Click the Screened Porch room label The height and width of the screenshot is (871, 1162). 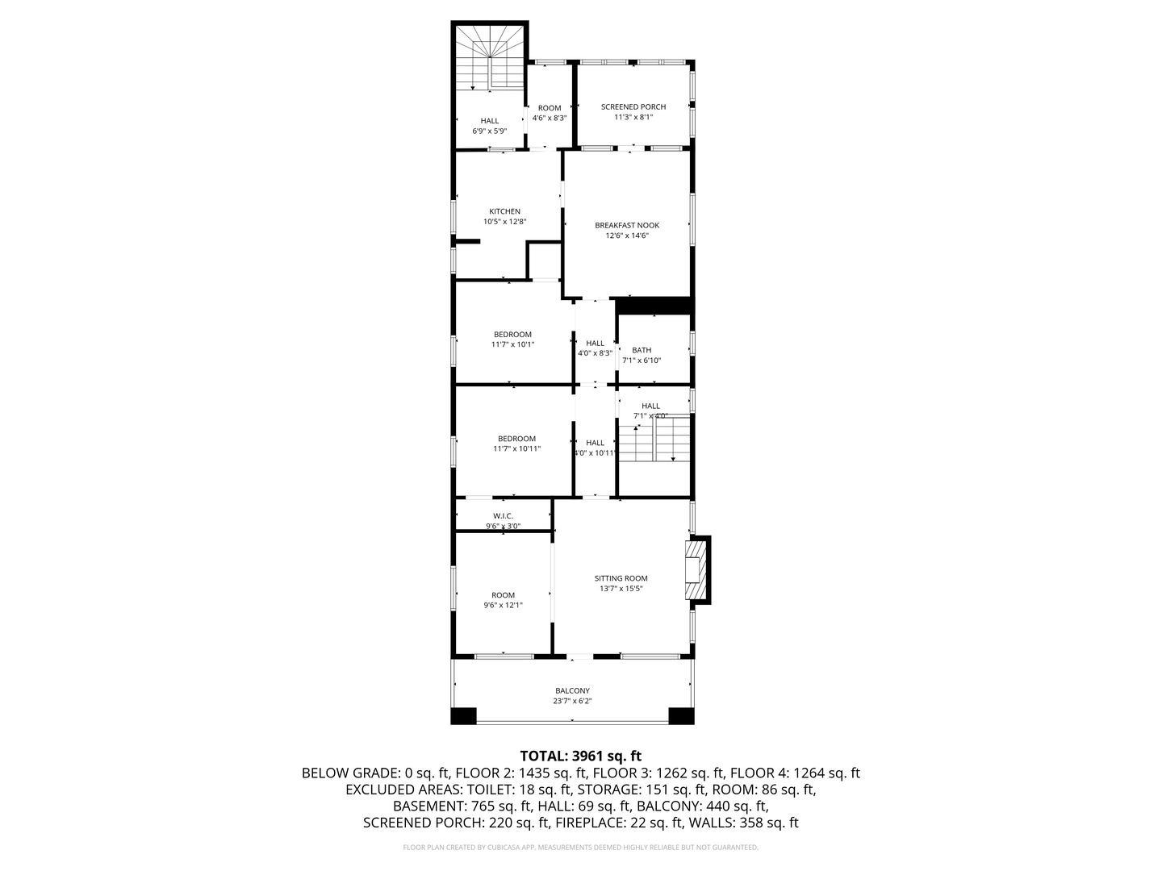click(633, 106)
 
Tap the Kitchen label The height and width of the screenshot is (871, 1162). click(504, 211)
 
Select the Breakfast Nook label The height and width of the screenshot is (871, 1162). click(627, 225)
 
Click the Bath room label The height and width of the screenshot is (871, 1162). click(642, 350)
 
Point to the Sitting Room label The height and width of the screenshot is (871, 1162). click(621, 578)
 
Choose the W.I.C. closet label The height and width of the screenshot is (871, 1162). click(503, 516)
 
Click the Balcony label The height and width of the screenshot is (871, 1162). click(572, 690)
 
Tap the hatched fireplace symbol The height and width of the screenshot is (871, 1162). click(695, 569)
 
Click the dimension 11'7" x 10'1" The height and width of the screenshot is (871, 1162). click(512, 344)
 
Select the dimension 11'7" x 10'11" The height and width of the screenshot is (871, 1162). click(516, 448)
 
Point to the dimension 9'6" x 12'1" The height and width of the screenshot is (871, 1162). click(503, 605)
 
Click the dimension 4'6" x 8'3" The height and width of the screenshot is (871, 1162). click(549, 118)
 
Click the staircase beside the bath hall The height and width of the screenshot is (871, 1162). click(654, 440)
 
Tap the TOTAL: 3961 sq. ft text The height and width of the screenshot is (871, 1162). click(580, 756)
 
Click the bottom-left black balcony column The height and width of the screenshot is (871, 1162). click(464, 716)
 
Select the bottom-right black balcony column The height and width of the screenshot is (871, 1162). click(681, 716)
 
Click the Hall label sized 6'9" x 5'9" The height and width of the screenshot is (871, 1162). click(489, 121)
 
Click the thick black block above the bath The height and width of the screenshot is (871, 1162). click(654, 306)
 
